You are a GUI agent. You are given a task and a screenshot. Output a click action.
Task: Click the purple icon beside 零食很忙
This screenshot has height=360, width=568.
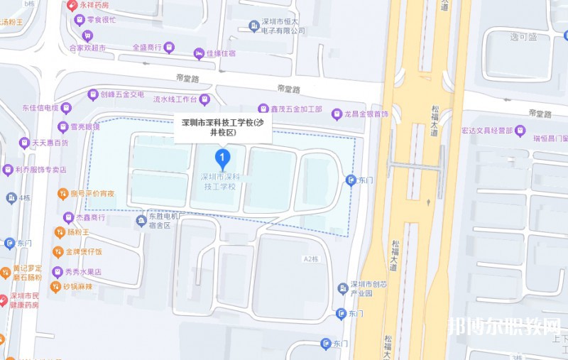78,18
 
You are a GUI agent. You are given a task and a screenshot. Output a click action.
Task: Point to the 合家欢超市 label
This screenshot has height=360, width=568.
87,48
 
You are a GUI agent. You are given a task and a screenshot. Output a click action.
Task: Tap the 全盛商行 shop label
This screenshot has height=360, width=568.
147,48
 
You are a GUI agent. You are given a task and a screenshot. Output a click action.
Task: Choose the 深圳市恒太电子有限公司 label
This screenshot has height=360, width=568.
283,26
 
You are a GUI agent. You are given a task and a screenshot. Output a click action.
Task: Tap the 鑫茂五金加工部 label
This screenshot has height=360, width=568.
296,110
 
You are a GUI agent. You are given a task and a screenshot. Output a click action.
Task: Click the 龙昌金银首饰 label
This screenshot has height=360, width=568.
366,114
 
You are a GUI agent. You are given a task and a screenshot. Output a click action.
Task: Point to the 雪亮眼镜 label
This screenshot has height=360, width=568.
84,126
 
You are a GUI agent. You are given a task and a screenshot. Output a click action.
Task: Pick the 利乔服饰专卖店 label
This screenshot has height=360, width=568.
45,170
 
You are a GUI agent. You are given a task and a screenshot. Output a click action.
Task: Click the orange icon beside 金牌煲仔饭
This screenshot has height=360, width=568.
58,251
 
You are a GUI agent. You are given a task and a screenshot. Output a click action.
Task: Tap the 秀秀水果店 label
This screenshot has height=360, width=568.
84,272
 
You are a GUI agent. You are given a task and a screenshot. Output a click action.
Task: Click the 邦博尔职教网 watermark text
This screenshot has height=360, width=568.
504,326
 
